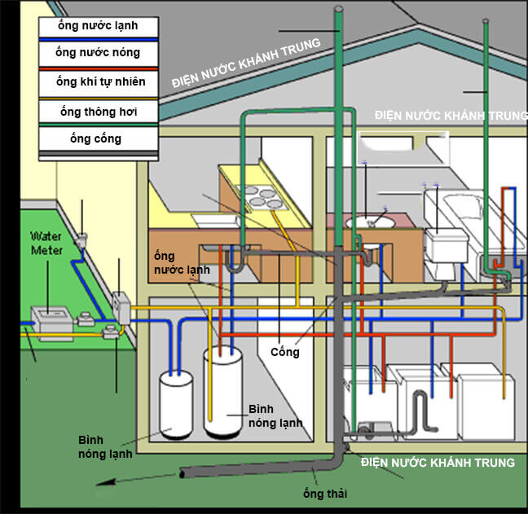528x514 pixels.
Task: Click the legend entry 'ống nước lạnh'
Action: tap(98, 25)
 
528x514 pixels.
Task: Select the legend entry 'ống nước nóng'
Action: tap(98, 52)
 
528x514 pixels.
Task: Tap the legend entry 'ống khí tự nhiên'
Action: tap(101, 81)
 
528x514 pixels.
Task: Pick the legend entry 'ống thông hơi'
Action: tap(99, 112)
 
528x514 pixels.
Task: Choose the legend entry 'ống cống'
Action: tap(95, 138)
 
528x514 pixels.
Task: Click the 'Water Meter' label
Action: tap(46, 244)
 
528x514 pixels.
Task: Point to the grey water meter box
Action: tap(52, 322)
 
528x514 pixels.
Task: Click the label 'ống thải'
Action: tap(324, 494)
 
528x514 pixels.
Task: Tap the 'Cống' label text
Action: tap(285, 352)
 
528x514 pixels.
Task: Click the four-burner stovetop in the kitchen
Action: tap(264, 198)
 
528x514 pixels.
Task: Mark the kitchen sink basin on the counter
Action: tap(216, 221)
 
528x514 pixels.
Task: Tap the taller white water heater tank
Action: tap(222, 393)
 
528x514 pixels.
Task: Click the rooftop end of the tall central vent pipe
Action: tap(339, 8)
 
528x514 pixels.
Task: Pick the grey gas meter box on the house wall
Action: tap(121, 308)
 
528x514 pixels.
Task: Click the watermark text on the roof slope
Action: tap(246, 63)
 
